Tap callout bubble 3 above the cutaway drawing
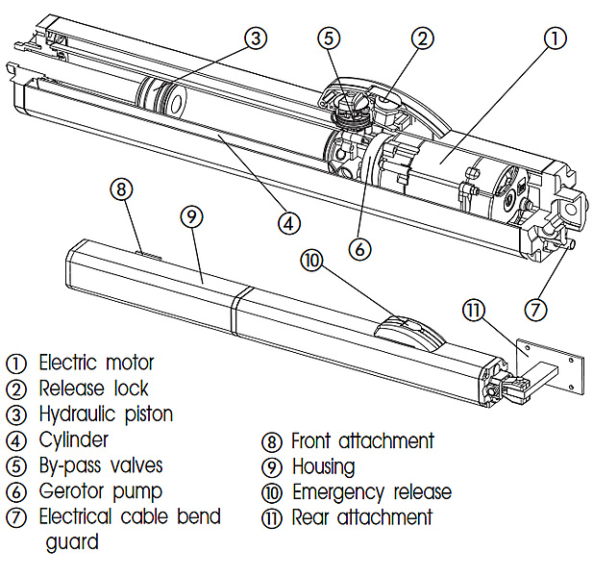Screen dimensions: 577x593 point(254,38)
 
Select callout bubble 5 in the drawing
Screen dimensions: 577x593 point(330,38)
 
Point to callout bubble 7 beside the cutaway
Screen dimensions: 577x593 point(535,310)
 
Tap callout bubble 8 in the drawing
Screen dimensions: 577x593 point(120,188)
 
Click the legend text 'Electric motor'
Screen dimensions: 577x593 point(95,364)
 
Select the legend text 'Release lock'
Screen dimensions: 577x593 point(92,389)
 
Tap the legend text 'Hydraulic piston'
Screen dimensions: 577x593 point(105,414)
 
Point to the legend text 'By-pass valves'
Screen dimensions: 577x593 point(100,466)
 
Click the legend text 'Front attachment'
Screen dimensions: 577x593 point(361,441)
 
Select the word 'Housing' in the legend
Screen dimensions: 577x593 point(323,467)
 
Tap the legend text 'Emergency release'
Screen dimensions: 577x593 point(370,492)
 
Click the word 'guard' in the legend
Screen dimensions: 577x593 point(72,542)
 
